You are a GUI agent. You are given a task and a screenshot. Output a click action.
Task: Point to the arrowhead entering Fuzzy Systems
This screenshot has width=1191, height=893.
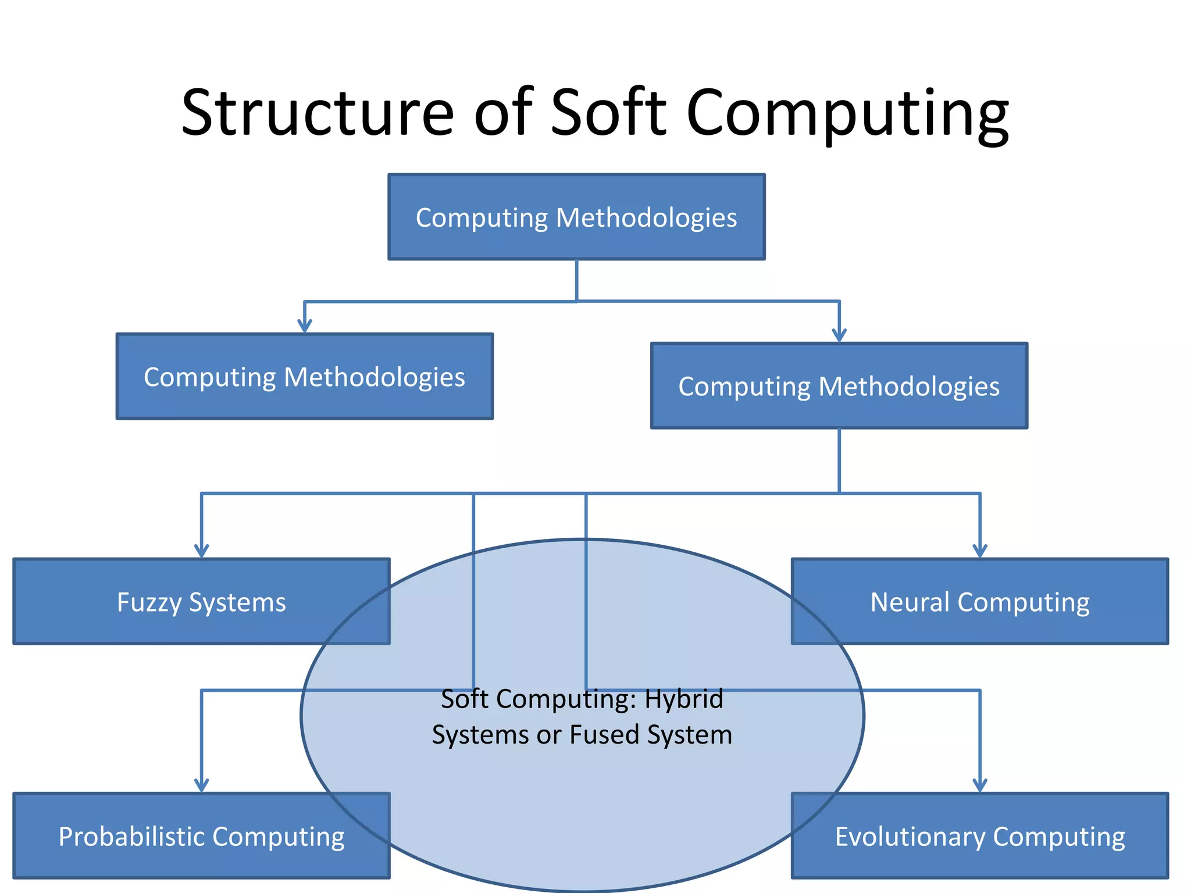tap(201, 551)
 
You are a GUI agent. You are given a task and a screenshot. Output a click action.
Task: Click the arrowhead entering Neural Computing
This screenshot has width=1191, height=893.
tap(980, 551)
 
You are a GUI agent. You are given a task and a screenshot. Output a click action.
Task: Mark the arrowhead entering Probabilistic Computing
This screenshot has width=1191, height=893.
tap(201, 785)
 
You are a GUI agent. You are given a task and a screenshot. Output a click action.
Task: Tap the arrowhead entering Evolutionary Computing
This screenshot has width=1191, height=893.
tap(980, 785)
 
